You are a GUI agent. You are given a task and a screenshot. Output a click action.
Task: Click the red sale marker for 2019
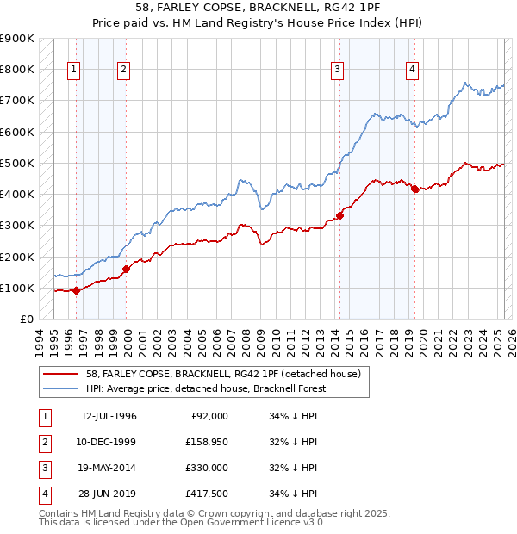coord(414,189)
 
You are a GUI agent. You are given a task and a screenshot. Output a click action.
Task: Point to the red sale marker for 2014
coord(339,216)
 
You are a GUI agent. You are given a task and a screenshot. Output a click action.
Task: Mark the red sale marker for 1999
coord(126,269)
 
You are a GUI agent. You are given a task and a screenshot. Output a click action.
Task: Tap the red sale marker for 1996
coord(76,290)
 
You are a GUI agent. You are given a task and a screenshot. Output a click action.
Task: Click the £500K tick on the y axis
coord(17,163)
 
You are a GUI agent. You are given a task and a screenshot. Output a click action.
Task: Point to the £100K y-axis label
coord(17,288)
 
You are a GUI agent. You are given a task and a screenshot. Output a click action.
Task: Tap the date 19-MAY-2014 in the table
coord(109,468)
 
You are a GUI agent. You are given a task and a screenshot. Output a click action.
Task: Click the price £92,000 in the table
coord(209,416)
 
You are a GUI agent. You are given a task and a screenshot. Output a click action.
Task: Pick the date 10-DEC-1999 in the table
coord(108,442)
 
